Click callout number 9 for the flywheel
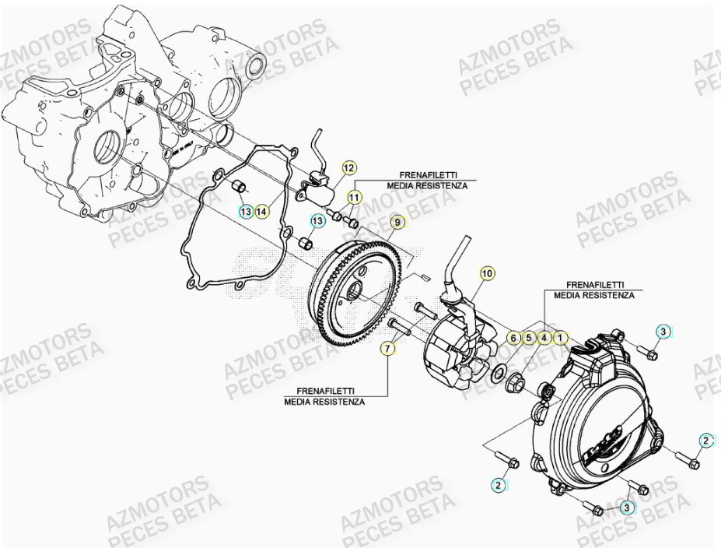click(397, 223)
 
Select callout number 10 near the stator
click(487, 273)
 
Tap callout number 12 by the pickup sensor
click(348, 167)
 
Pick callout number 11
click(354, 197)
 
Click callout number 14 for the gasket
click(262, 211)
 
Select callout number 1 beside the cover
click(561, 338)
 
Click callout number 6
click(513, 338)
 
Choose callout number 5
click(529, 338)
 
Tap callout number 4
click(544, 338)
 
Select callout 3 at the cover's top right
click(661, 332)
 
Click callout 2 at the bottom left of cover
click(498, 484)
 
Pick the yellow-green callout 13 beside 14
click(246, 211)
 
